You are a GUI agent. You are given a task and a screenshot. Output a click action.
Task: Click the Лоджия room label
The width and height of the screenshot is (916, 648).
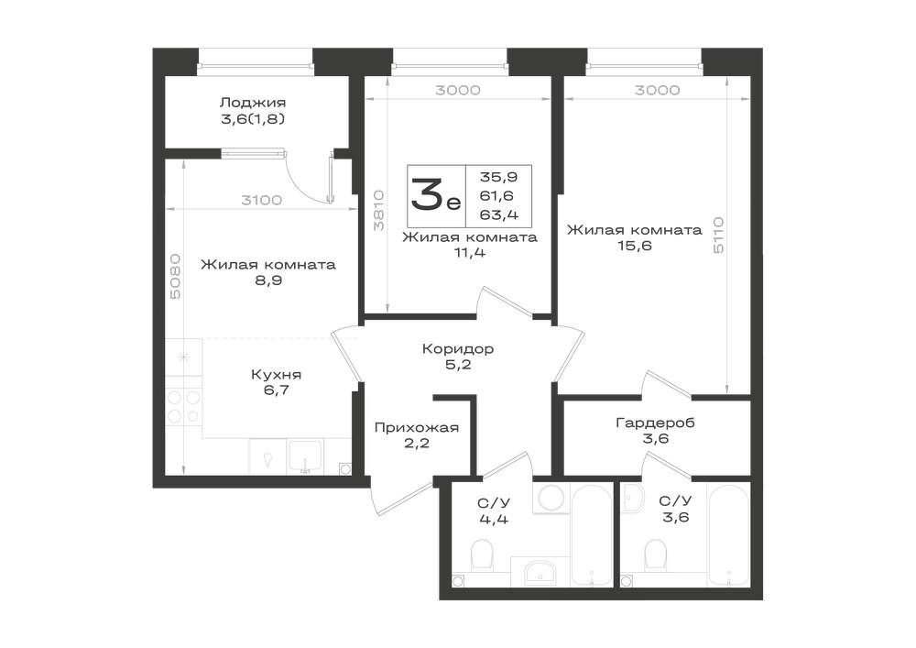(x=253, y=103)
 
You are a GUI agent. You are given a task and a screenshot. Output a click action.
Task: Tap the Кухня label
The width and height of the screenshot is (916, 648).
(x=277, y=375)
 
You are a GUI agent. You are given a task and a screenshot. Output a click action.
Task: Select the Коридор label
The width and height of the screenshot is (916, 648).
(x=458, y=349)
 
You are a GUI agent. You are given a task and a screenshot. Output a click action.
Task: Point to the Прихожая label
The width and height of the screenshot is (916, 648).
(x=417, y=428)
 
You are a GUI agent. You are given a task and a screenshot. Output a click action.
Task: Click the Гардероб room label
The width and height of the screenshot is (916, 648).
(x=656, y=423)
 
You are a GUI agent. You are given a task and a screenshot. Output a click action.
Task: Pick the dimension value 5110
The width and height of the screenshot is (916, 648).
(x=718, y=235)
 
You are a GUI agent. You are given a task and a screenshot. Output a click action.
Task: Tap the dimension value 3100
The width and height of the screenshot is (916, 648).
(x=262, y=201)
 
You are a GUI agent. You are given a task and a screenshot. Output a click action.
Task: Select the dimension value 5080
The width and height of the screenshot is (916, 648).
(x=174, y=276)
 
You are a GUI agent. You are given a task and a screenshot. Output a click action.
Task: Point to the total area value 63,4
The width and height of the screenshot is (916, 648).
(x=499, y=215)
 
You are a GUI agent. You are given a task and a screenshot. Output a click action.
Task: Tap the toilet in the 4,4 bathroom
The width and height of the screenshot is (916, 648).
(x=483, y=555)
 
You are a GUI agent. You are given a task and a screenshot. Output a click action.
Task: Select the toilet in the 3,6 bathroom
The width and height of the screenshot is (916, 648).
(x=655, y=555)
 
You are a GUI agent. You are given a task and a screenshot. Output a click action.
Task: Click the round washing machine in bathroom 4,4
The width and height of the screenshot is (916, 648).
(x=551, y=498)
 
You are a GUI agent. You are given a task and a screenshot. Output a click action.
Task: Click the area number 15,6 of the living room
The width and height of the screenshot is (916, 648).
(x=635, y=246)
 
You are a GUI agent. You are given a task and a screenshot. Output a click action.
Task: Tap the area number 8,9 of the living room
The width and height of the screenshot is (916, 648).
(x=268, y=280)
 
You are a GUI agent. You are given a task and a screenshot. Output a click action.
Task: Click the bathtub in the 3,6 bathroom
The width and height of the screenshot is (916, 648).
(x=728, y=534)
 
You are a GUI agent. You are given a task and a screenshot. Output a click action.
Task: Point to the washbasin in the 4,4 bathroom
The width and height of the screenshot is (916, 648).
(x=542, y=571)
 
